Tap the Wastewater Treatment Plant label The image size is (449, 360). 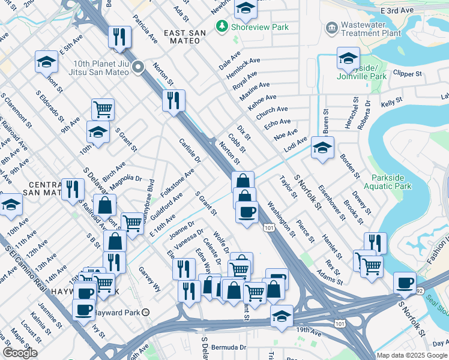[370, 29]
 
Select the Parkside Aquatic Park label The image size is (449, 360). [391, 182]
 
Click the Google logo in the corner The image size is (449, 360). [20, 353]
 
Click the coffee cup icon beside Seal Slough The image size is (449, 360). [405, 282]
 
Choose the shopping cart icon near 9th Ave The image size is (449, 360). [103, 109]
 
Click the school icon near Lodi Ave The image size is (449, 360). [322, 147]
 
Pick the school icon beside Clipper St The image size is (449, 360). [348, 58]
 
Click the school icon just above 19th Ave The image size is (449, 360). [281, 316]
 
